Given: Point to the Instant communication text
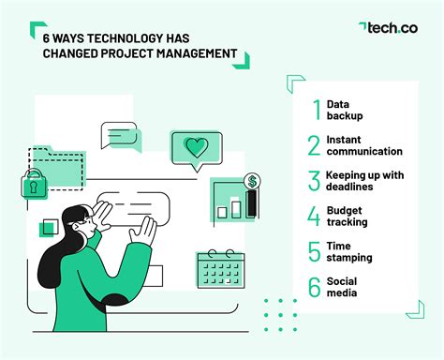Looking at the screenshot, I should (x=363, y=145).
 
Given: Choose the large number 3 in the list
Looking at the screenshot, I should (x=314, y=181).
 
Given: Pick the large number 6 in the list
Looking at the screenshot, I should (x=314, y=286).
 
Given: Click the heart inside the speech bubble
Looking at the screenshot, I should (x=197, y=147).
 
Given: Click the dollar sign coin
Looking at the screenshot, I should (x=252, y=181).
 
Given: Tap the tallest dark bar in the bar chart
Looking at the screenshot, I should (x=251, y=203).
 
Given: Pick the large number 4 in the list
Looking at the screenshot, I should (x=314, y=217).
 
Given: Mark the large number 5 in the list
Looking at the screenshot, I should (x=314, y=251).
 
